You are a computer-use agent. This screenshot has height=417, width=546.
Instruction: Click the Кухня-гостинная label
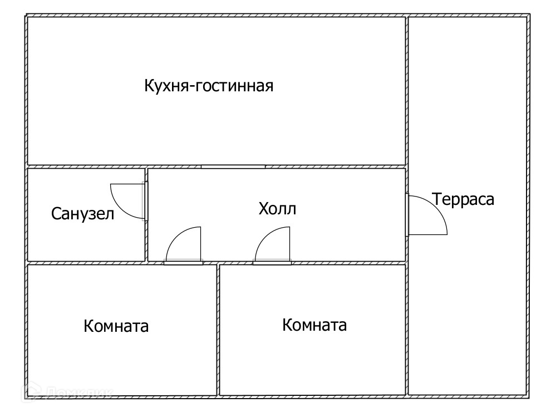coord(209,86)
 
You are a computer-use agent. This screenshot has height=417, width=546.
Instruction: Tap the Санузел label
coord(83,213)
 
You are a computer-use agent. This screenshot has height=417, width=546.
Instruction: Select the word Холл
coord(277,209)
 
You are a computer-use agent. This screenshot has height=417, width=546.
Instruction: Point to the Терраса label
coord(464,199)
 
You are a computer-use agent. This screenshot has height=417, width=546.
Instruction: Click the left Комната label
coord(116,326)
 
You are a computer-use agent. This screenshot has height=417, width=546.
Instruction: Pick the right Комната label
coord(314,325)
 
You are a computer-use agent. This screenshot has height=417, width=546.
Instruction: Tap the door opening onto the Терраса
coord(426,215)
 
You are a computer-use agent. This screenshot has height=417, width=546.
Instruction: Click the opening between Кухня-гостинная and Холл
coord(233,166)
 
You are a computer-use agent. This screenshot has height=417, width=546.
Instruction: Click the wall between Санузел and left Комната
coord(83,262)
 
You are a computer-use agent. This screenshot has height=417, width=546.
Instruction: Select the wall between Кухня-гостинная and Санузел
coord(83,166)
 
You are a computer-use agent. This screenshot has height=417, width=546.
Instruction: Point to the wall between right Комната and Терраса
coord(407,328)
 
